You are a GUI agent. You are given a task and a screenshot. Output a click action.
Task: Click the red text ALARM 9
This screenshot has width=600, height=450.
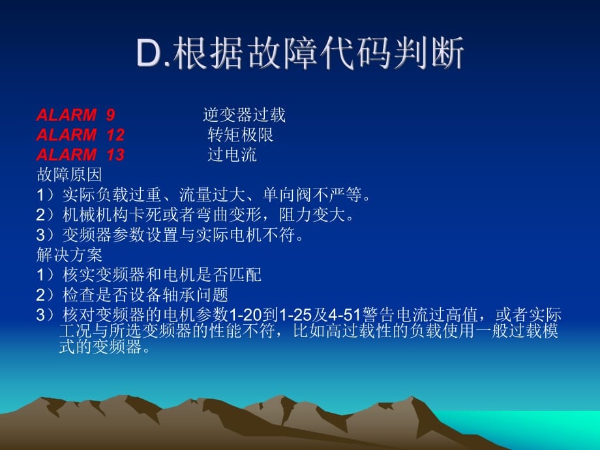click(76, 115)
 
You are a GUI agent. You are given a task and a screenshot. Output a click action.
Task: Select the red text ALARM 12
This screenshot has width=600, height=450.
click(80, 135)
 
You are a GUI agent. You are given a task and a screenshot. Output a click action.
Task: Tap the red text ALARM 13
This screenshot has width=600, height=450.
click(80, 155)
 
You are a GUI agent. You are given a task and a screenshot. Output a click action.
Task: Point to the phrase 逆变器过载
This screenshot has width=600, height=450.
click(244, 115)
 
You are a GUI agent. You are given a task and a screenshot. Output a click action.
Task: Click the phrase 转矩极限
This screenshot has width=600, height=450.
click(240, 135)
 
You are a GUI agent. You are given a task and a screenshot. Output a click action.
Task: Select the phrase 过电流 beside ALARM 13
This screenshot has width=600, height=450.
click(232, 155)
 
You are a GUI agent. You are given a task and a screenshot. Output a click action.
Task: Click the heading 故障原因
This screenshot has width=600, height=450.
click(69, 175)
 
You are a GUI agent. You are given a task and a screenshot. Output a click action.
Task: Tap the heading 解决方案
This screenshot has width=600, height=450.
click(69, 254)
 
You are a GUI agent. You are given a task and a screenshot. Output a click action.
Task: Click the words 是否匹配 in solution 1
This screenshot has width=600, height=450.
click(228, 275)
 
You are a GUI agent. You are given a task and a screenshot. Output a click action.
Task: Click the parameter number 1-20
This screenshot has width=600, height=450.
click(245, 314)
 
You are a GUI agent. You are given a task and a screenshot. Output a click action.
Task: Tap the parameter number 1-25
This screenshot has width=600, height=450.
click(295, 314)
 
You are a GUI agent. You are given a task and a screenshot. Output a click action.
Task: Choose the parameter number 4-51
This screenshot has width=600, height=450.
click(345, 314)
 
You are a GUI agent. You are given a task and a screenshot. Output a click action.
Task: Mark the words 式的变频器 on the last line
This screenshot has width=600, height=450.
click(100, 347)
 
